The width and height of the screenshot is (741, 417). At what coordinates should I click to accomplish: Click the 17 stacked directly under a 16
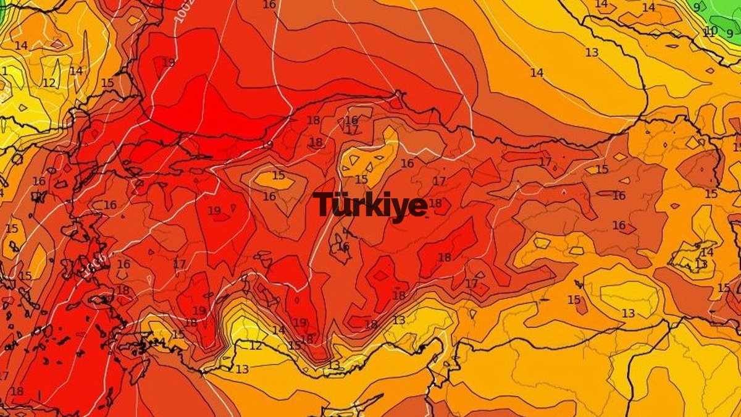[x=352, y=130]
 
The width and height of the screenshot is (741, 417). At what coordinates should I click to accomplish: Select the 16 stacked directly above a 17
[x=351, y=120]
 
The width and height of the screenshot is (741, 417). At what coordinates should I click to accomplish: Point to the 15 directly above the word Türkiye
[x=361, y=180]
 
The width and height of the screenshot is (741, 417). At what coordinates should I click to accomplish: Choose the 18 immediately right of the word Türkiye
[x=435, y=203]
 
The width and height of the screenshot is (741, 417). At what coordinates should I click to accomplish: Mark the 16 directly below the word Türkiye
[x=343, y=246]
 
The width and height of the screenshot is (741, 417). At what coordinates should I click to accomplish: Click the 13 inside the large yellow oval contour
[x=628, y=313]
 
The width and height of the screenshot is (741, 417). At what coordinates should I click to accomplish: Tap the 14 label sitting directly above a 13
[x=707, y=252]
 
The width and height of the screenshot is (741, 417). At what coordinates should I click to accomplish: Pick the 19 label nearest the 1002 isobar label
[x=168, y=62]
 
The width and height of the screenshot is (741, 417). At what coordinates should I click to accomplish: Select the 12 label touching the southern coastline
[x=255, y=346]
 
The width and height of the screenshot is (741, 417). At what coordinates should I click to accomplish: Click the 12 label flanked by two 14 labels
[x=49, y=83]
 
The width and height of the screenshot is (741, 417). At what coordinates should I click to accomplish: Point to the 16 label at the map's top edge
[x=269, y=4]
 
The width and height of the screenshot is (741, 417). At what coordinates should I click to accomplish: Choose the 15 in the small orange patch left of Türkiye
[x=278, y=175]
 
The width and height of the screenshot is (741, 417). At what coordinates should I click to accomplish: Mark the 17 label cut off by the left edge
[x=4, y=376]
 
